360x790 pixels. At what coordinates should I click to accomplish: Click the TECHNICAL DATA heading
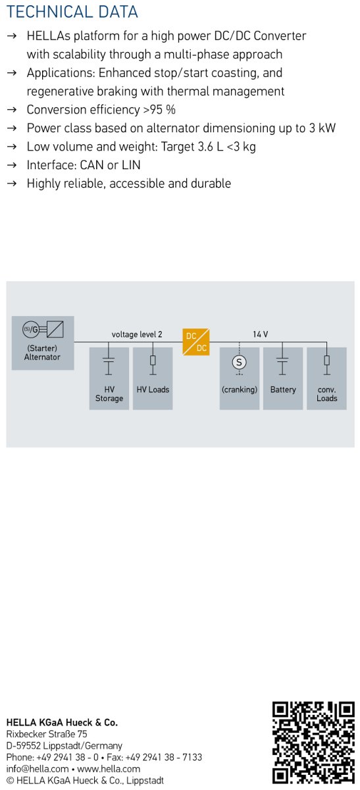[x=72, y=12]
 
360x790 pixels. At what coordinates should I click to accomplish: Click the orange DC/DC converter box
[x=195, y=342]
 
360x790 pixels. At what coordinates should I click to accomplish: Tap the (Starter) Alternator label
[x=42, y=352]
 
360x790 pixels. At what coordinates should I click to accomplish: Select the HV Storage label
[x=109, y=394]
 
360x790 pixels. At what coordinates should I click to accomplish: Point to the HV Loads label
[x=153, y=389]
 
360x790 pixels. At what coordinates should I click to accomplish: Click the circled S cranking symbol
[x=239, y=362]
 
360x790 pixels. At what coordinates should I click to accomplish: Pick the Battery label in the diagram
[x=283, y=389]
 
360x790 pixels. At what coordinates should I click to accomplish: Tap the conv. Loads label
[x=326, y=394]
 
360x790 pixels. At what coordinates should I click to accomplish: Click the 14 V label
[x=260, y=334]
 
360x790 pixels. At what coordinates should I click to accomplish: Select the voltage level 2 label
[x=137, y=334]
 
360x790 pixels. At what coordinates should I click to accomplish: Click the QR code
[x=313, y=745]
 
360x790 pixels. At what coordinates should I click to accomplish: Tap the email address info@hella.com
[x=38, y=769]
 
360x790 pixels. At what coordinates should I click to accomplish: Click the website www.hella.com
[x=109, y=769]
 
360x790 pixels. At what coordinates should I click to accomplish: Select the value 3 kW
[x=322, y=128]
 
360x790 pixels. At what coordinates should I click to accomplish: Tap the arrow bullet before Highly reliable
[x=12, y=184]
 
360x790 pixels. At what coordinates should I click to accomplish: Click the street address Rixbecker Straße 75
[x=47, y=734]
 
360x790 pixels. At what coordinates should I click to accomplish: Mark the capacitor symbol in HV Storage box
[x=109, y=363]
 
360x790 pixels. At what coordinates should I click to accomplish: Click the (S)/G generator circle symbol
[x=31, y=329]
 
